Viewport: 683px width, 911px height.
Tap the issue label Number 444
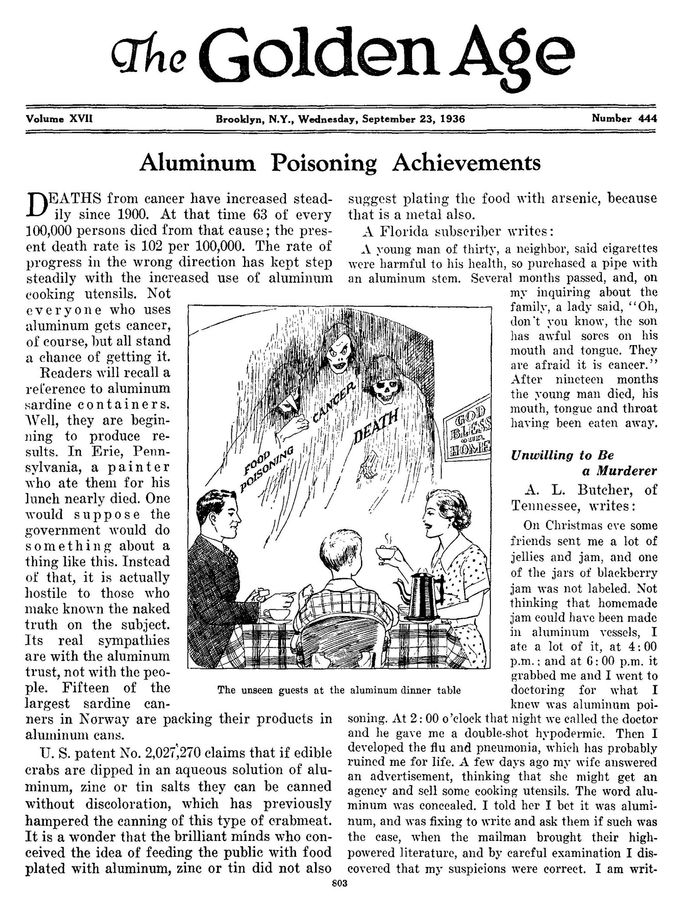tap(624, 119)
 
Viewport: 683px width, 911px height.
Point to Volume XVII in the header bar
tap(60, 119)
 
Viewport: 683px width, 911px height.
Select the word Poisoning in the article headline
tap(324, 163)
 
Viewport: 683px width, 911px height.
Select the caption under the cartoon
tap(339, 690)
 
